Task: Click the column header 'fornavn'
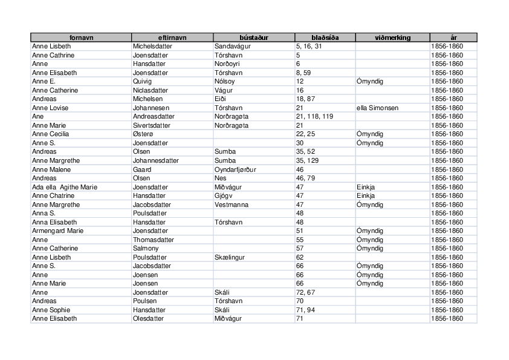point(80,38)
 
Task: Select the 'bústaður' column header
point(254,38)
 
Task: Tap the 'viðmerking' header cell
point(392,38)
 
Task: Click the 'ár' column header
point(453,38)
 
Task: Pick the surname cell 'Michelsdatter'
point(151,46)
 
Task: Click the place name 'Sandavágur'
point(233,46)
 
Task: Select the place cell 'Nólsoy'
point(224,81)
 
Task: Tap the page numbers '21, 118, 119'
point(314,116)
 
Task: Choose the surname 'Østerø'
point(143,134)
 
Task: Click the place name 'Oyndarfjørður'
point(235,169)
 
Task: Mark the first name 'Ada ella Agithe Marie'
point(64,187)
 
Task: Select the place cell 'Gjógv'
point(224,195)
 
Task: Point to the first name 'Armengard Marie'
point(57,231)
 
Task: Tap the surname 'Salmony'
point(146,248)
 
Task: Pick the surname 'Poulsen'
point(144,301)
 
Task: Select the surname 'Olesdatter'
point(148,318)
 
